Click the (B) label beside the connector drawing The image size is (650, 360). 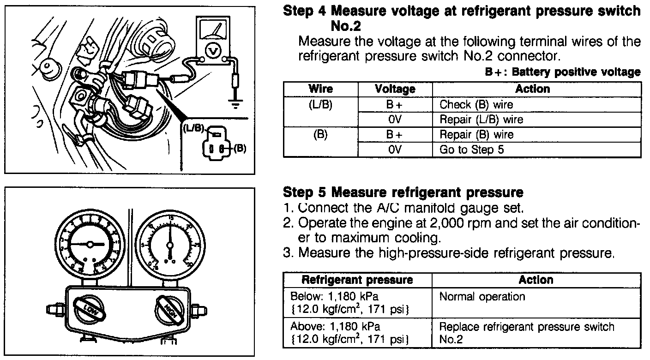pos(241,149)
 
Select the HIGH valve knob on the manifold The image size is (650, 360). pos(166,306)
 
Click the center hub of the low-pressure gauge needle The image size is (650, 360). pos(90,244)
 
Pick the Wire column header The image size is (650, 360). pos(320,89)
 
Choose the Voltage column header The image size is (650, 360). pos(395,89)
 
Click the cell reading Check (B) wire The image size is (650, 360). pos(476,104)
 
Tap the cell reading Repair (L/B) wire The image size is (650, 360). pos(481,120)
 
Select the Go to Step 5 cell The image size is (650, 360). pos(471,150)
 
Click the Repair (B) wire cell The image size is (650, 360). pos(476,135)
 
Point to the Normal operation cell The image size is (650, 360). pos(482,296)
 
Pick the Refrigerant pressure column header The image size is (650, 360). pos(357,280)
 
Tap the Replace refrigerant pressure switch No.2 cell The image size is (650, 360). pos(526,333)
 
